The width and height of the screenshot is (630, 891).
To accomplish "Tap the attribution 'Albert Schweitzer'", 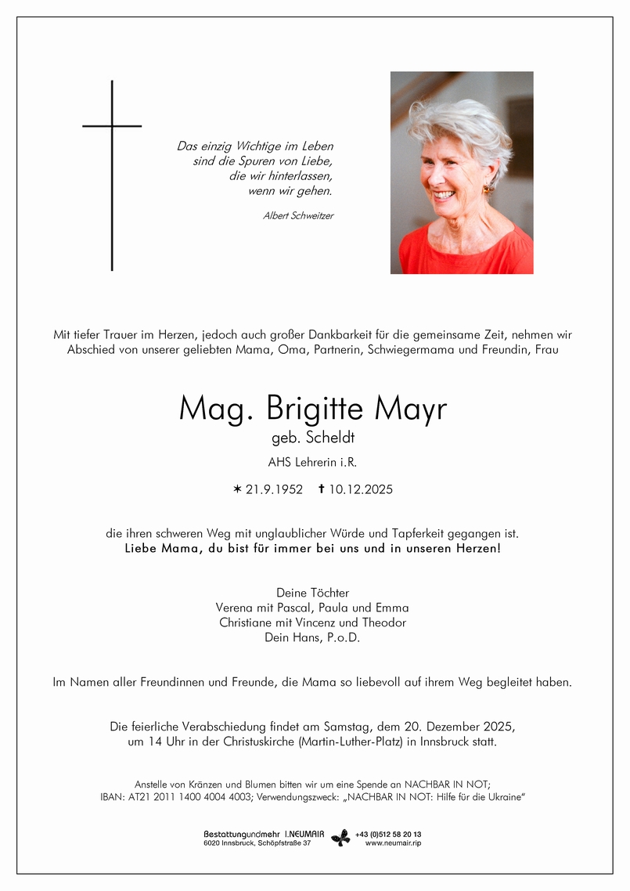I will (298, 216).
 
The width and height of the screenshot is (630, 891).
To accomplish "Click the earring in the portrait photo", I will (486, 189).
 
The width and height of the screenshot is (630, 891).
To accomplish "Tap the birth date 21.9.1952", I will (274, 490).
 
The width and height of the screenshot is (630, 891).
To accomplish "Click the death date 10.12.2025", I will (361, 490).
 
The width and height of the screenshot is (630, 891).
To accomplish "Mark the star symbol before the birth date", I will (238, 490).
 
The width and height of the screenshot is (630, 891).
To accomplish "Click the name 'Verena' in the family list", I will (235, 608).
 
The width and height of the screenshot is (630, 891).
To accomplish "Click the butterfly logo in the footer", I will (340, 838).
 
